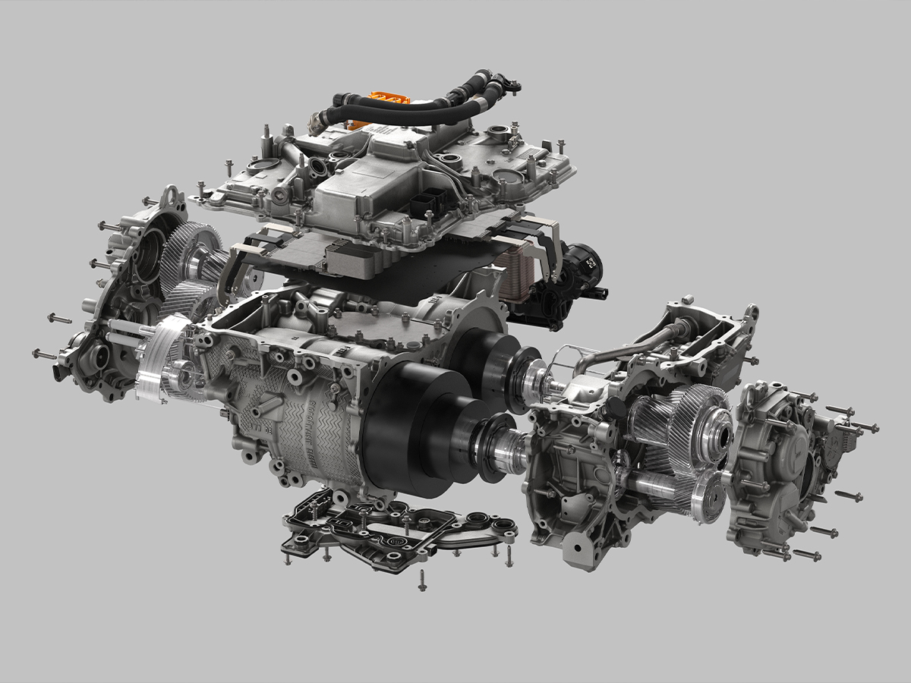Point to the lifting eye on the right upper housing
tap(751, 313)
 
